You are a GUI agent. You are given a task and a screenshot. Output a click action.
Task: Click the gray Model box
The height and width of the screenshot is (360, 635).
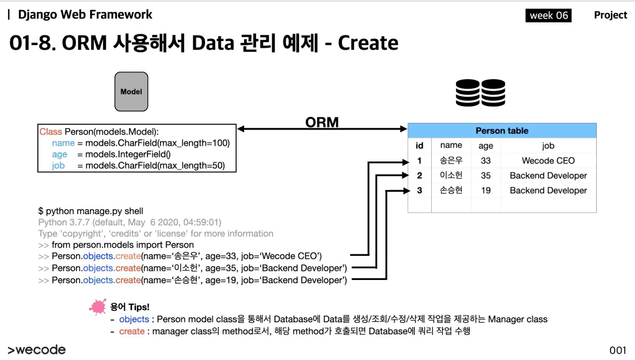click(131, 92)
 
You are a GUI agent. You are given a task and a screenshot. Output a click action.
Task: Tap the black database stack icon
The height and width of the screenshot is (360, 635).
click(480, 93)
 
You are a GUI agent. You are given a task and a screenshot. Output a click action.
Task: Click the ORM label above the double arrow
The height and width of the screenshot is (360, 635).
click(322, 122)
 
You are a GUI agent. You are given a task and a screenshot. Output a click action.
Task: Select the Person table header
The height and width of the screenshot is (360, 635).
click(502, 131)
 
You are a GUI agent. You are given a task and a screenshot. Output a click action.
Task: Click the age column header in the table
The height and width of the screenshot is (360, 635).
click(485, 146)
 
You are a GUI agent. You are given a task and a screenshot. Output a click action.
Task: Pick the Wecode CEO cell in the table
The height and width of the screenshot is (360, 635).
click(548, 161)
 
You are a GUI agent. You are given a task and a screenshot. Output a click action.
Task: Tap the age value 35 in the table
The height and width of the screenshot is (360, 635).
click(485, 176)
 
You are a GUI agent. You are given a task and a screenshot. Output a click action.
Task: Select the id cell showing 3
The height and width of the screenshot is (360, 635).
click(419, 191)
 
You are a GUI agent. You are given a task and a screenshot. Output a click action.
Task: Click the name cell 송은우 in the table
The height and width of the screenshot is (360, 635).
click(451, 160)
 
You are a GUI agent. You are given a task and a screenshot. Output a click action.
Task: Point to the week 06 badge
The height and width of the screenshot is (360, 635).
click(548, 16)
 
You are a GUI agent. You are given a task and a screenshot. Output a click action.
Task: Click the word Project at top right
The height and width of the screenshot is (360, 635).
click(610, 15)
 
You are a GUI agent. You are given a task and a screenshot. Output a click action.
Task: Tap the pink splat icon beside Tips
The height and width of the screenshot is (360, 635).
click(98, 307)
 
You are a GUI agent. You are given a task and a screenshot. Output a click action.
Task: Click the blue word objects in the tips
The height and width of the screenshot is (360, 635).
click(134, 319)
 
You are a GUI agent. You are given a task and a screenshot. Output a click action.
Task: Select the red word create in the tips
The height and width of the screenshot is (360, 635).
click(132, 331)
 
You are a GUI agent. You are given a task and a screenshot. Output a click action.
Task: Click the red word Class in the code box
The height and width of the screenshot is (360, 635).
click(51, 132)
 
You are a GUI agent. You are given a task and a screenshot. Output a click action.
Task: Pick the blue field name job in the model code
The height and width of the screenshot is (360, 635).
click(58, 166)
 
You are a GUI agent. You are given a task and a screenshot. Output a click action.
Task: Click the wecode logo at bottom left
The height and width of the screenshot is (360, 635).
click(37, 350)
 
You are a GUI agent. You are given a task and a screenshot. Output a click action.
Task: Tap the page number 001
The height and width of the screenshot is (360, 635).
click(617, 350)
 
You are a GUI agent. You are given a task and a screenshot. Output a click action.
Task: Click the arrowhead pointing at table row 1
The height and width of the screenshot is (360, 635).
click(406, 161)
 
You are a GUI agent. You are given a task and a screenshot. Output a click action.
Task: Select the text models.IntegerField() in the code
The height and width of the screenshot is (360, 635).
click(128, 154)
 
